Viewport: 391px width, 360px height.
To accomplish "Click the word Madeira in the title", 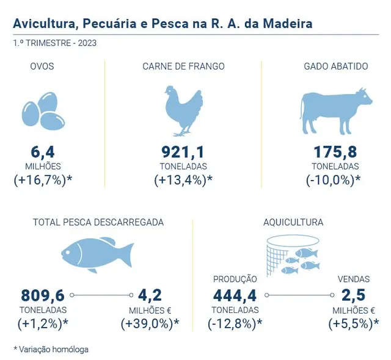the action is tap(288, 24).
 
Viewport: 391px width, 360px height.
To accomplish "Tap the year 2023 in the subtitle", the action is tap(87, 43).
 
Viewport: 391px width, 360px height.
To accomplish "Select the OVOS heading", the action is tap(42, 67).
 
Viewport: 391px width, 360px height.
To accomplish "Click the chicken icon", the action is tap(184, 111).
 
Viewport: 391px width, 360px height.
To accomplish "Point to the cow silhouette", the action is tap(336, 111).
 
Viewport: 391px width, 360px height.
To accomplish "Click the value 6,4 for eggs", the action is tap(43, 152).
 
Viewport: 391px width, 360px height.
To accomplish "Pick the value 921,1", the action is tap(183, 152).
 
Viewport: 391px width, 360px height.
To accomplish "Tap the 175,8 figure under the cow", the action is tap(335, 152).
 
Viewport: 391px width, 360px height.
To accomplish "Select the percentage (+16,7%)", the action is tap(40, 180).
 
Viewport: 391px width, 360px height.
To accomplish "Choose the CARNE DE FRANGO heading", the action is tap(183, 67).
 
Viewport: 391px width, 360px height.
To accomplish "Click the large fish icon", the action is tap(98, 255).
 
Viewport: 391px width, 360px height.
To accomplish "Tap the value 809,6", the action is tap(43, 295).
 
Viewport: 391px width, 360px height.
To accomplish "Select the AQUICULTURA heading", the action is tap(293, 222).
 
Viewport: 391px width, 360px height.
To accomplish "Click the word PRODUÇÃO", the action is tap(235, 279).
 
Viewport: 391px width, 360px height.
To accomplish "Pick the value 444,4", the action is tap(235, 295).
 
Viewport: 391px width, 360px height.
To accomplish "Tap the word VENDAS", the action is tap(354, 279).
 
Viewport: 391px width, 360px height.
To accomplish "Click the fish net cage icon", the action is tap(293, 256).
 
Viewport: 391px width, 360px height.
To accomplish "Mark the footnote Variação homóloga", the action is tap(54, 349).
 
